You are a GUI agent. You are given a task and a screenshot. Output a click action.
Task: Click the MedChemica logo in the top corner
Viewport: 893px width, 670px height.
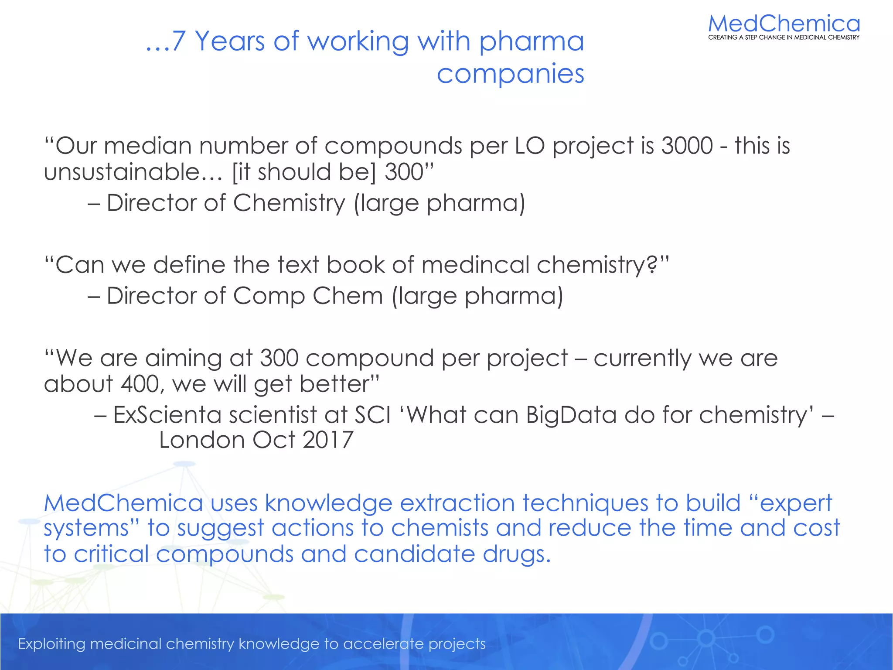click(x=784, y=24)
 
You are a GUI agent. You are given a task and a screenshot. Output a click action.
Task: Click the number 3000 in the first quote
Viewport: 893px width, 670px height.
click(x=687, y=146)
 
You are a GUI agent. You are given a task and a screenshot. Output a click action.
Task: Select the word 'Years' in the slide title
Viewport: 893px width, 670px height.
click(x=230, y=41)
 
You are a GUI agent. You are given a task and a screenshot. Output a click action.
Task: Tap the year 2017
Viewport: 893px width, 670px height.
click(x=327, y=440)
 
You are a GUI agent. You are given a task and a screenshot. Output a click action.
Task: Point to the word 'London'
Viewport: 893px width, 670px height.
click(x=201, y=440)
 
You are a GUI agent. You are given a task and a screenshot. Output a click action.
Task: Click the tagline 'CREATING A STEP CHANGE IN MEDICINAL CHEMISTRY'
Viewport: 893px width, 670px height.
click(x=784, y=38)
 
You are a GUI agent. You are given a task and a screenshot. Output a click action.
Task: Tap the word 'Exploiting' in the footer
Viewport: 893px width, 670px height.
click(x=51, y=644)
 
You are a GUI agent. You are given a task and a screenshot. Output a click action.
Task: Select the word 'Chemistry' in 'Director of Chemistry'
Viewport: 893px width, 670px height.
click(x=289, y=203)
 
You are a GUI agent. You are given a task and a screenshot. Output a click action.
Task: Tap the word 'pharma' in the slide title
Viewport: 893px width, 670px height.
click(x=531, y=42)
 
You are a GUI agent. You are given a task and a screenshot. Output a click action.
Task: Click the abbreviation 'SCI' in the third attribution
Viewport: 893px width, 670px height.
click(x=372, y=415)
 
